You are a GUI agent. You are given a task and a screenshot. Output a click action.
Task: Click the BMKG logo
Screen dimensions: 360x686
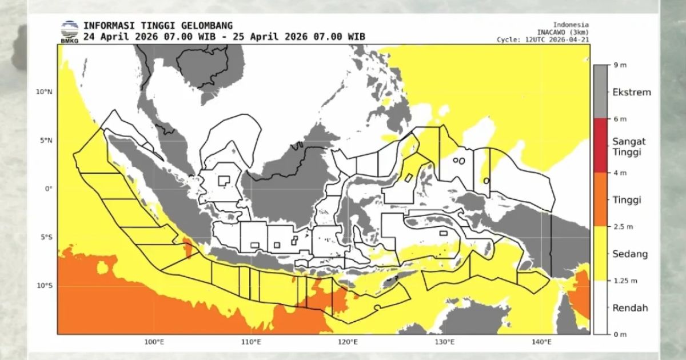70,31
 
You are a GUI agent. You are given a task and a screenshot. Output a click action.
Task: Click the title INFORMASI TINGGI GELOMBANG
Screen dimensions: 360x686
158,26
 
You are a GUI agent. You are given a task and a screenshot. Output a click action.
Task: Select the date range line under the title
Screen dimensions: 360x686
224,37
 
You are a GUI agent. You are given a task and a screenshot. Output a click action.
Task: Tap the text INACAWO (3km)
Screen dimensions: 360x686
563,32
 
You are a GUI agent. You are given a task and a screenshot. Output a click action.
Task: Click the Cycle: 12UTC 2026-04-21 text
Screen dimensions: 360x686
543,39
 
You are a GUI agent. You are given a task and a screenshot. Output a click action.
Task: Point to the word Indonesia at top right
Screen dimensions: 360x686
571,25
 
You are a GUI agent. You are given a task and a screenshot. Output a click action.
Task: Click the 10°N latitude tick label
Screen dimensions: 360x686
43,91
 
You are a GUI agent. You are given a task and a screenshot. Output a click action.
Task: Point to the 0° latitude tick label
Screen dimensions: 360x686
48,189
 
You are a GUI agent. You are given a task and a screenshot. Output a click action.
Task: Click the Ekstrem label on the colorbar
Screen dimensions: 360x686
631,92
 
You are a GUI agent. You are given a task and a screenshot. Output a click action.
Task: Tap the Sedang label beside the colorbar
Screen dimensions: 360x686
630,254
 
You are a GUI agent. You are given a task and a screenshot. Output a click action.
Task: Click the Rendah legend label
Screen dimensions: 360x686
630,307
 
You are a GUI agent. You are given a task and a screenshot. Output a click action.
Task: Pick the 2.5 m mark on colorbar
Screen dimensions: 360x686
623,227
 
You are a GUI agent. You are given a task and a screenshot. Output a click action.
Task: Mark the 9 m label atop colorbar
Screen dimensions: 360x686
620,66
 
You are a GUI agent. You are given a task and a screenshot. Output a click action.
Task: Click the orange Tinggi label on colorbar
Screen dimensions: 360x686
627,200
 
